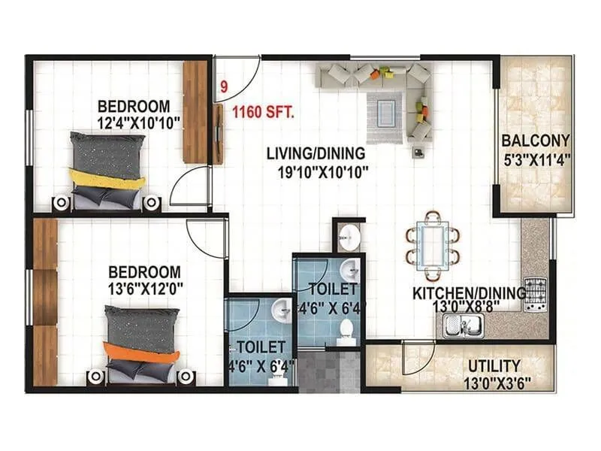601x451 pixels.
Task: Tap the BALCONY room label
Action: (536, 141)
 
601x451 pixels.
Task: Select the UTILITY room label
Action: (494, 366)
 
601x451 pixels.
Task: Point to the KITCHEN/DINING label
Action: (469, 293)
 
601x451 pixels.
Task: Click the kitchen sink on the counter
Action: (464, 325)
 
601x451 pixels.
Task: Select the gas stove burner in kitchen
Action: (536, 289)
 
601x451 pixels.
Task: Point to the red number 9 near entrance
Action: (223, 87)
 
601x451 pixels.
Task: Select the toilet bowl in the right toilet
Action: (346, 328)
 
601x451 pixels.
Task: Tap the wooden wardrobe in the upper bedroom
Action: (195, 110)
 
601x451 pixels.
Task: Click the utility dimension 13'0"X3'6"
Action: (494, 382)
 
